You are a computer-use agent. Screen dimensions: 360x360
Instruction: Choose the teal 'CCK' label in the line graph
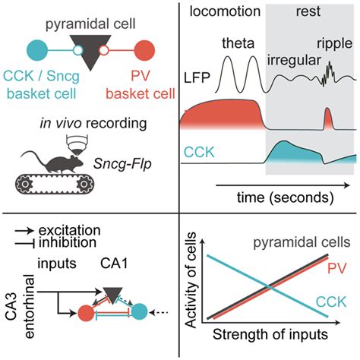pyautogui.click(x=335, y=303)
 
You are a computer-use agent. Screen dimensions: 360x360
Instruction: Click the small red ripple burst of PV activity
pyautogui.click(x=328, y=120)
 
